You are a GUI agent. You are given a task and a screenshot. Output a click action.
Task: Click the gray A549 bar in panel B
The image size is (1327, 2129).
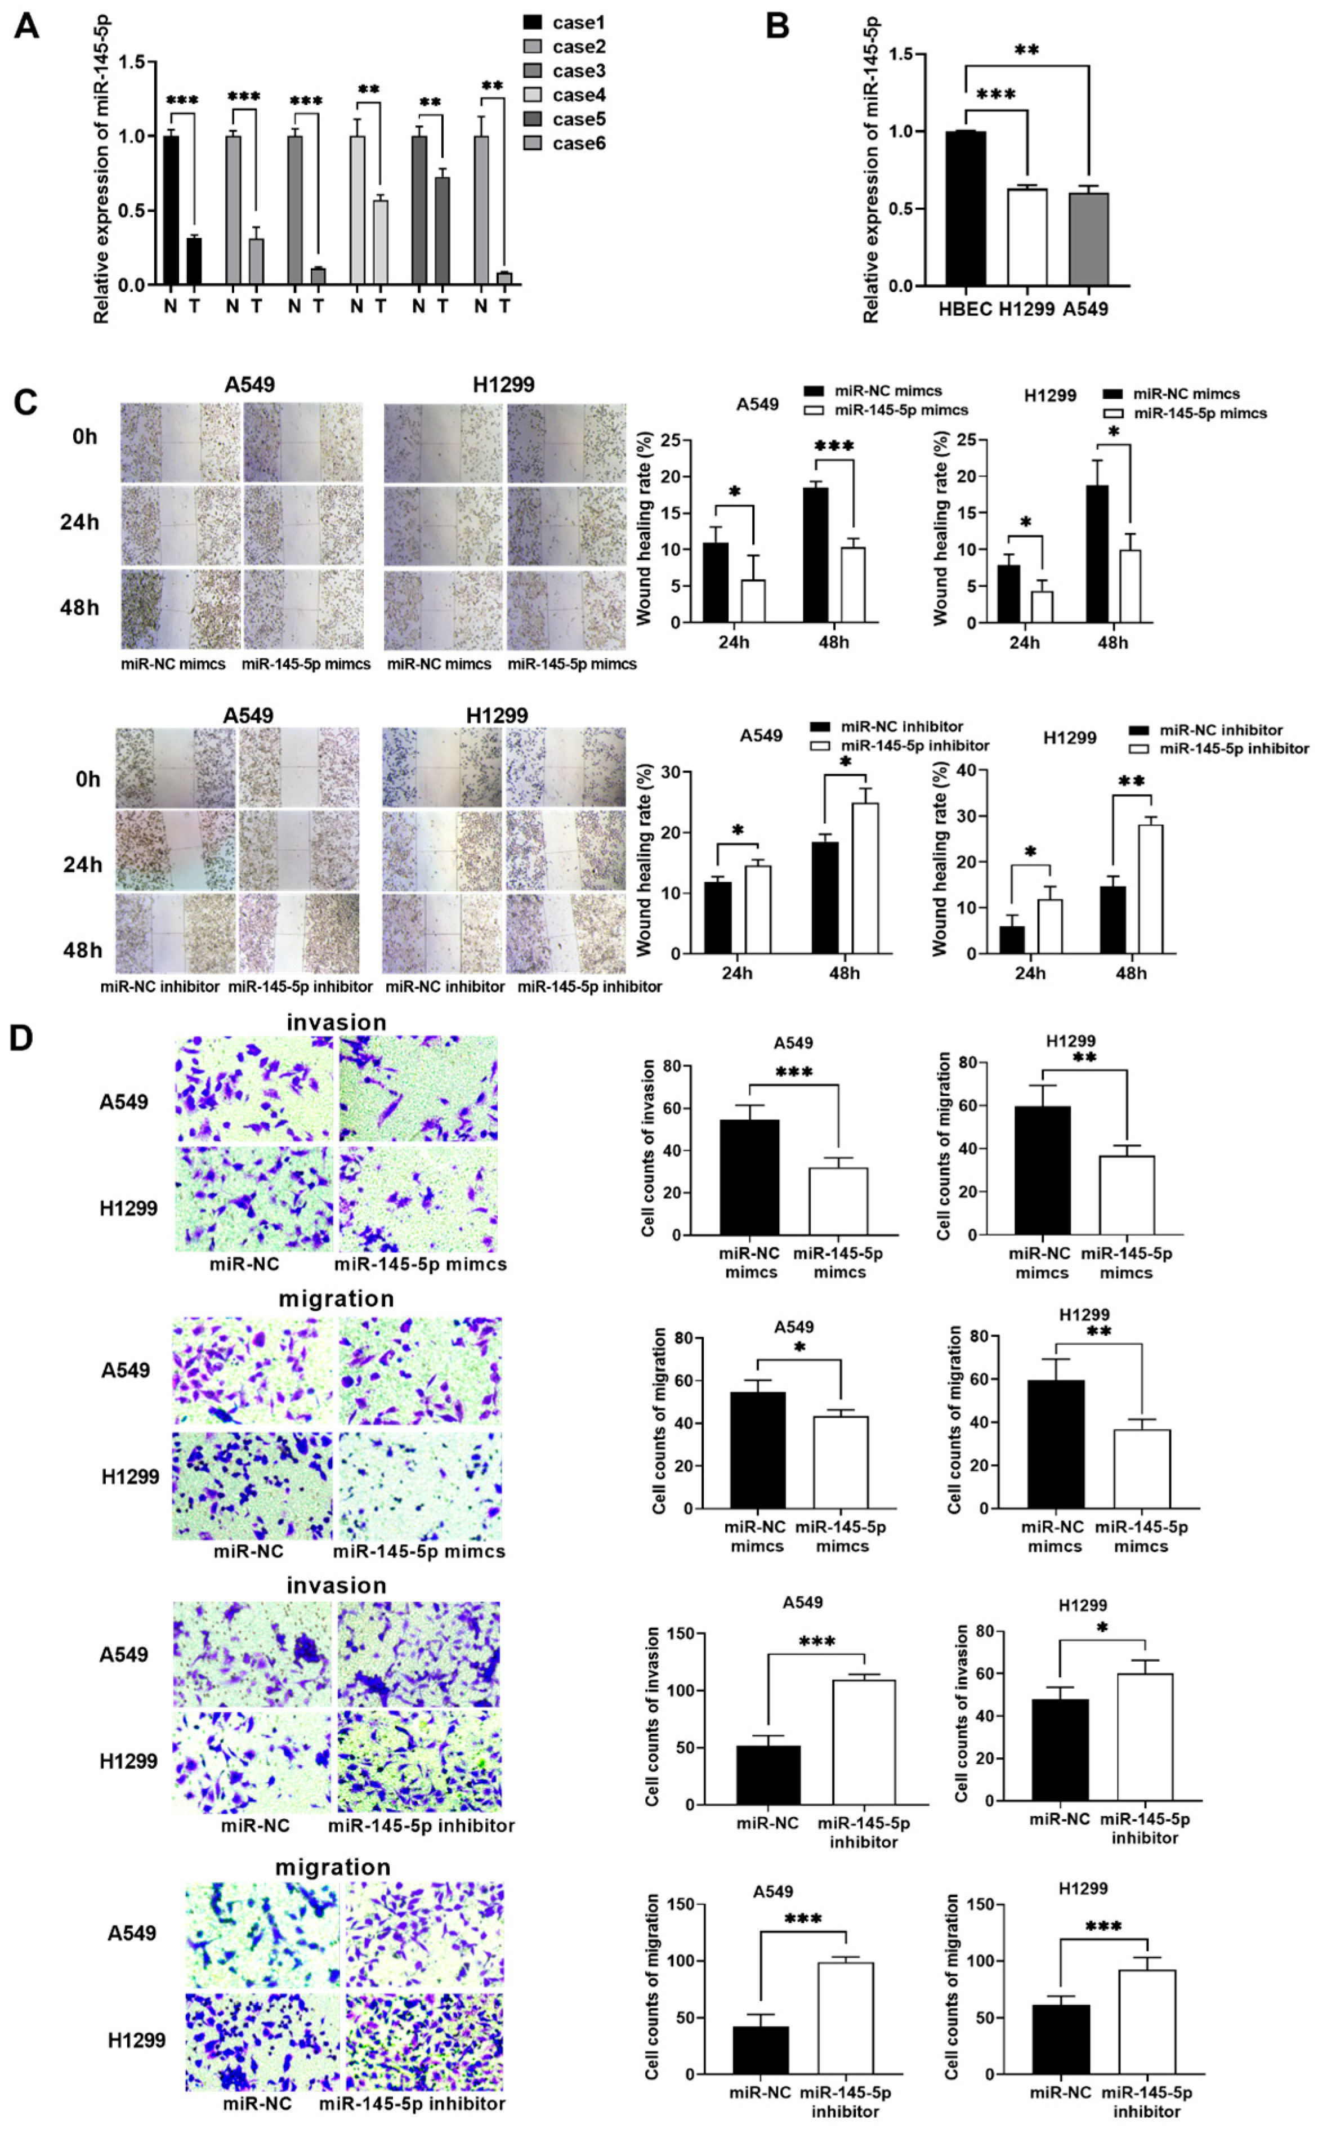1088,239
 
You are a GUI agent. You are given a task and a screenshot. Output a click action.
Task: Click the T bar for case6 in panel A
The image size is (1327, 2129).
504,278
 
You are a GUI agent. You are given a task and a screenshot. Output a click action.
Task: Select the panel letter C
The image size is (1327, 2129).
25,402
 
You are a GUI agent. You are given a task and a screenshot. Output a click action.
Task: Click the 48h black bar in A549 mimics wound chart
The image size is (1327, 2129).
815,555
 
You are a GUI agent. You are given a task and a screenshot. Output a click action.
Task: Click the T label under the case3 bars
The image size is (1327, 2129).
319,305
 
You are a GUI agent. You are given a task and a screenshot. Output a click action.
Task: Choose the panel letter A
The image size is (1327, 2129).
26,26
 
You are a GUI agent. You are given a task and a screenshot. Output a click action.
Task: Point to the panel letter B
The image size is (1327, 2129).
777,26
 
